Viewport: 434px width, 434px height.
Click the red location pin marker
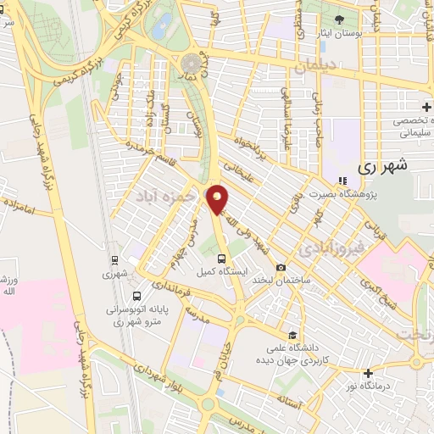[x=218, y=200]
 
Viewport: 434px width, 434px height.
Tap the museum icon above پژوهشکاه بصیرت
[x=342, y=181]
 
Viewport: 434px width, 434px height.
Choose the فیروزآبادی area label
[x=330, y=248]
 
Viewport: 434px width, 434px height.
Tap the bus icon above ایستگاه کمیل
[x=221, y=258]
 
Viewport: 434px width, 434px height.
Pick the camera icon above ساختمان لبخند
[x=281, y=267]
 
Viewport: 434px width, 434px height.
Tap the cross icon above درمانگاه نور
[x=367, y=373]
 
